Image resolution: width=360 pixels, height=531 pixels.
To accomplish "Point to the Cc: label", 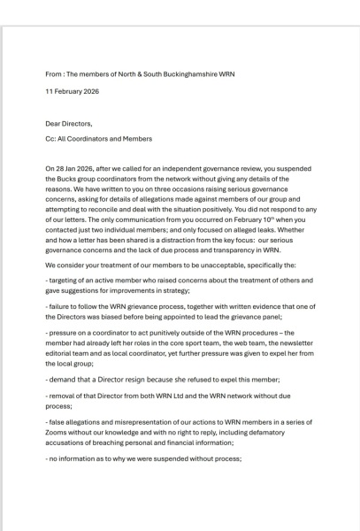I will pyautogui.click(x=50, y=139).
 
